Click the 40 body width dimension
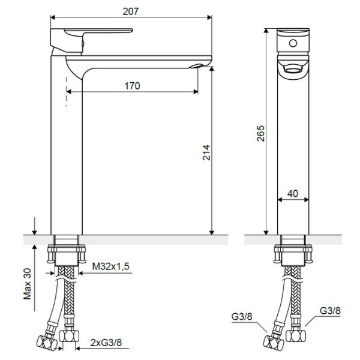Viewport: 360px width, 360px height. pyautogui.click(x=292, y=194)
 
